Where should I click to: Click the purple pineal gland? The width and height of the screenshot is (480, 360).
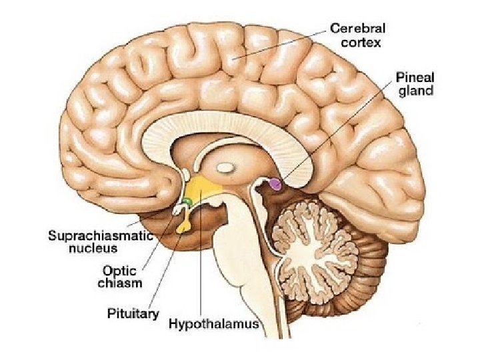coord(274,183)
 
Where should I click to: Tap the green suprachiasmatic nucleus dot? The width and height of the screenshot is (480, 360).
coord(187,201)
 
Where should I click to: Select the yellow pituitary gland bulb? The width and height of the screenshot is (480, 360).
coord(183,227)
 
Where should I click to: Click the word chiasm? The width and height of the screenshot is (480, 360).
coord(122,283)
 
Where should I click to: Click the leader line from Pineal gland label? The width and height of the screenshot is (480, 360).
coord(333,133)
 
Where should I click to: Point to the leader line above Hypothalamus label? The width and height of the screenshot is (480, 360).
coord(200,267)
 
